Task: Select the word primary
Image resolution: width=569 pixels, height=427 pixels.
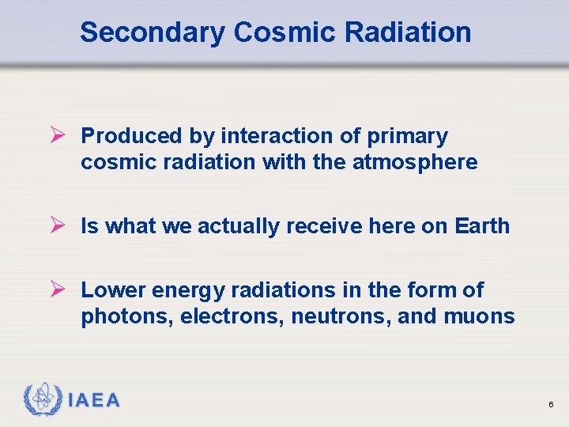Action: pyautogui.click(x=407, y=137)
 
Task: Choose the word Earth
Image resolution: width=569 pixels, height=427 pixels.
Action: pyautogui.click(x=482, y=226)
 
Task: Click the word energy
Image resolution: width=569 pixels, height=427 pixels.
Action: pyautogui.click(x=185, y=291)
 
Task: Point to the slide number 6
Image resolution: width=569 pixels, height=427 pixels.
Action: pyautogui.click(x=550, y=405)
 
